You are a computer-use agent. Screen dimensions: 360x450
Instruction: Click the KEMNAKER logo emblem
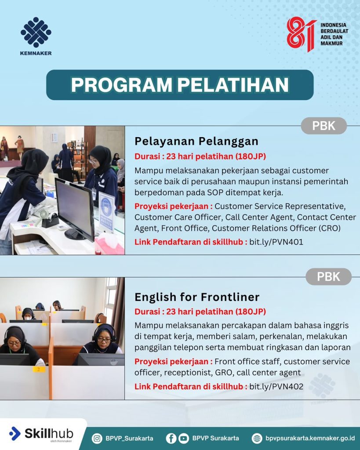[x=36, y=32]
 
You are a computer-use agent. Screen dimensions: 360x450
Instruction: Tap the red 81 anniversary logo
[x=302, y=34]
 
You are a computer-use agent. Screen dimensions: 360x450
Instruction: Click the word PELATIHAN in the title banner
[x=233, y=85]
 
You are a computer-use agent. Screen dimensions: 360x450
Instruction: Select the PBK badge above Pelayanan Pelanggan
[x=324, y=126]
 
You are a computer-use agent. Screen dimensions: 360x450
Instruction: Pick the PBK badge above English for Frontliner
[x=328, y=277]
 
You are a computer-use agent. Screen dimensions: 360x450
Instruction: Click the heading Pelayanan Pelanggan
[x=196, y=141]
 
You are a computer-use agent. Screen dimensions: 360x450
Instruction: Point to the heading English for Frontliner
[x=197, y=297]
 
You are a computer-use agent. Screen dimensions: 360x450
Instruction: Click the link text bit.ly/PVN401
[x=276, y=242]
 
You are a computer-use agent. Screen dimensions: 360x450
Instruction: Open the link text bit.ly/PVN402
[x=276, y=387]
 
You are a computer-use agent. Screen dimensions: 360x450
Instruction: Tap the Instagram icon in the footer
[x=97, y=439]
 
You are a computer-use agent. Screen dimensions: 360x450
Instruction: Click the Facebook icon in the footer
[x=171, y=439]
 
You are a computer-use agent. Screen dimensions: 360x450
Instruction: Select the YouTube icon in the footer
[x=184, y=439]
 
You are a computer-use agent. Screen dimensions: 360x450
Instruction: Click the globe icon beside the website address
[x=257, y=439]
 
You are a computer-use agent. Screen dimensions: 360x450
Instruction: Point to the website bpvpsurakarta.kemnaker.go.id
[x=310, y=439]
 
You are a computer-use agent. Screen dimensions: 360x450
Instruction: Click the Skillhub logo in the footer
[x=41, y=434]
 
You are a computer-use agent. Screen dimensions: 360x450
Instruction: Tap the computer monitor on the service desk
[x=75, y=208]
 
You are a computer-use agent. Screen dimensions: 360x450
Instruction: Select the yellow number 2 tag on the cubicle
[x=39, y=369]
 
